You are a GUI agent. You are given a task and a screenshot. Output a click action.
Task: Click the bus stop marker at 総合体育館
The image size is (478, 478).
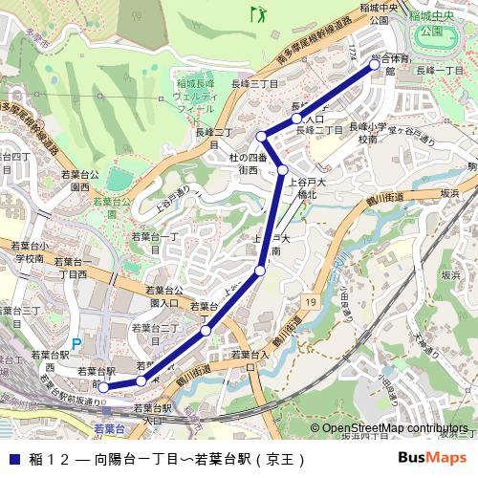coord(375,67)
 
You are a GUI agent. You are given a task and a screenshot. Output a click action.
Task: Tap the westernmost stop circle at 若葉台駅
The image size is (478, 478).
coord(103,387)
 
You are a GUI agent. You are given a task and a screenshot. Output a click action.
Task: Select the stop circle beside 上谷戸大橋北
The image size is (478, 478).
coord(283,170)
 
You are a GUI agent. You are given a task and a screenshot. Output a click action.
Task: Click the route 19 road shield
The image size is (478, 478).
coord(312,302)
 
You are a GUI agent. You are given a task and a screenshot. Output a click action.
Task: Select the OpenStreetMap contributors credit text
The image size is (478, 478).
coord(395,428)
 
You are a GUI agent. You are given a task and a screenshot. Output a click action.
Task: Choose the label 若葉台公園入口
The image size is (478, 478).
coord(163,295)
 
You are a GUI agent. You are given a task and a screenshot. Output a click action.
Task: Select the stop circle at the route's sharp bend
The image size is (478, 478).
coord(261,137)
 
